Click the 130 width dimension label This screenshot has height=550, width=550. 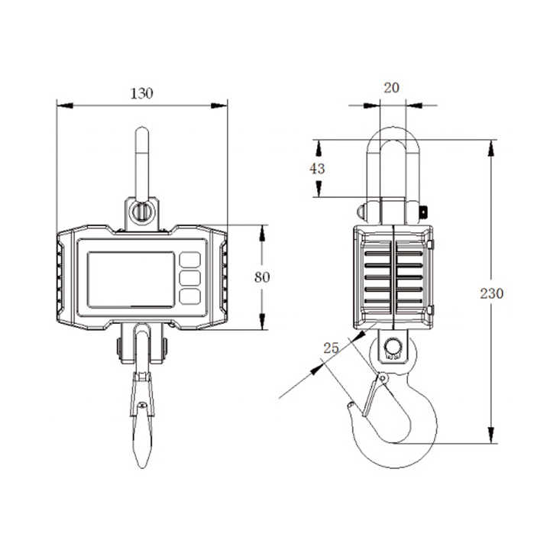coord(141,94)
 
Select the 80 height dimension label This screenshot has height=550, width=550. coord(262,277)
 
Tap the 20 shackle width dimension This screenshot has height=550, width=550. coord(391,88)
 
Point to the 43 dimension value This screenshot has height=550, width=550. coord(317,169)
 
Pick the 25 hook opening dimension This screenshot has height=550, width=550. coord(331,348)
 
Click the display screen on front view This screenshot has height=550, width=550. coord(130,279)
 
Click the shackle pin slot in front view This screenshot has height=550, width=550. coord(141,210)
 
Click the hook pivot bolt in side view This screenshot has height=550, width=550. coord(393,348)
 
